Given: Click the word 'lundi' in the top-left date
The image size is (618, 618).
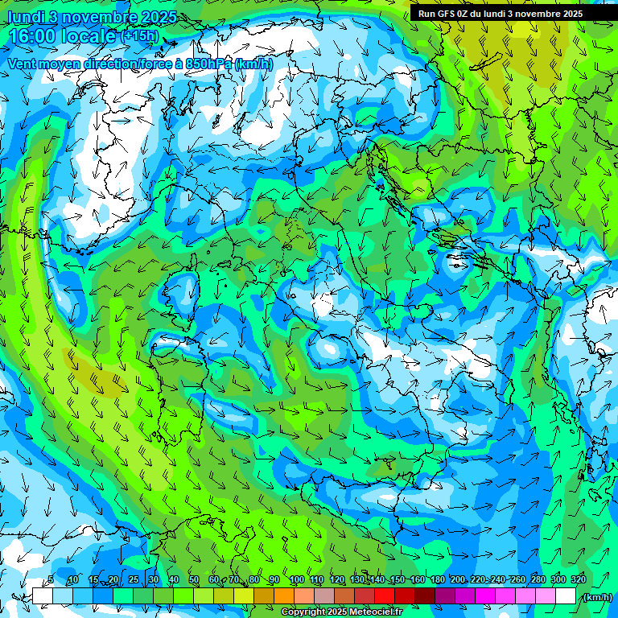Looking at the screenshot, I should click(25, 16).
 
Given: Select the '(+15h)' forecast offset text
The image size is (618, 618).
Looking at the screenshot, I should click(140, 36).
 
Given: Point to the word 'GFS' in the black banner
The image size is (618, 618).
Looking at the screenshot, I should click(445, 14).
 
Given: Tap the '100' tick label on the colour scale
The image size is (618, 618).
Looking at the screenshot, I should click(297, 580).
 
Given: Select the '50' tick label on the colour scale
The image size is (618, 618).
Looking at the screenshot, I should click(193, 580).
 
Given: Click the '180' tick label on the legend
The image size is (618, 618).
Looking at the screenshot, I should click(438, 580).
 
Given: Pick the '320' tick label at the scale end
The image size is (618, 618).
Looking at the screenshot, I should click(579, 580).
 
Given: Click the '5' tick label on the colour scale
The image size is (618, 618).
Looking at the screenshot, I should click(51, 580).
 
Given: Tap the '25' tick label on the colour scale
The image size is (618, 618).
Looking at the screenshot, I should click(134, 580).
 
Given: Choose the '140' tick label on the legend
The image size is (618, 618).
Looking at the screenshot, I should click(377, 580).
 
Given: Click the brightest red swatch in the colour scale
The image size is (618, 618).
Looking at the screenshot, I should click(385, 596).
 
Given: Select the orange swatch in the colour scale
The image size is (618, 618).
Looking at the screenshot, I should click(284, 596).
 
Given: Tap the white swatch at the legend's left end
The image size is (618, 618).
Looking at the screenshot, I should click(42, 596).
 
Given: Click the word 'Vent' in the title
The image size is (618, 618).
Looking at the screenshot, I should click(23, 64).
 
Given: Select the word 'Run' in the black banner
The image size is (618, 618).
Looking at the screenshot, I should click(426, 14).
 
